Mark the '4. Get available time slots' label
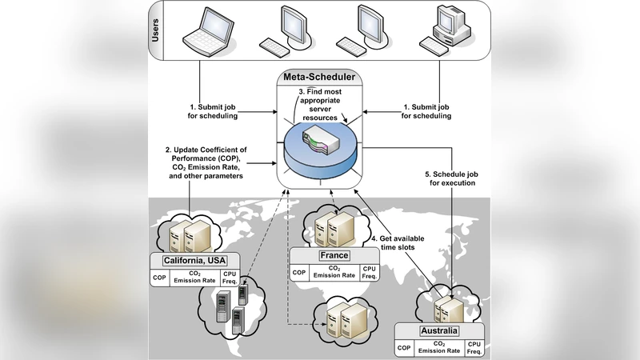coord(398,244)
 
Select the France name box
coord(334,255)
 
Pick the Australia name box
coord(439,330)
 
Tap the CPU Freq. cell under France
coord(369,273)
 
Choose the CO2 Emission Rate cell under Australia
coord(440,348)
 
